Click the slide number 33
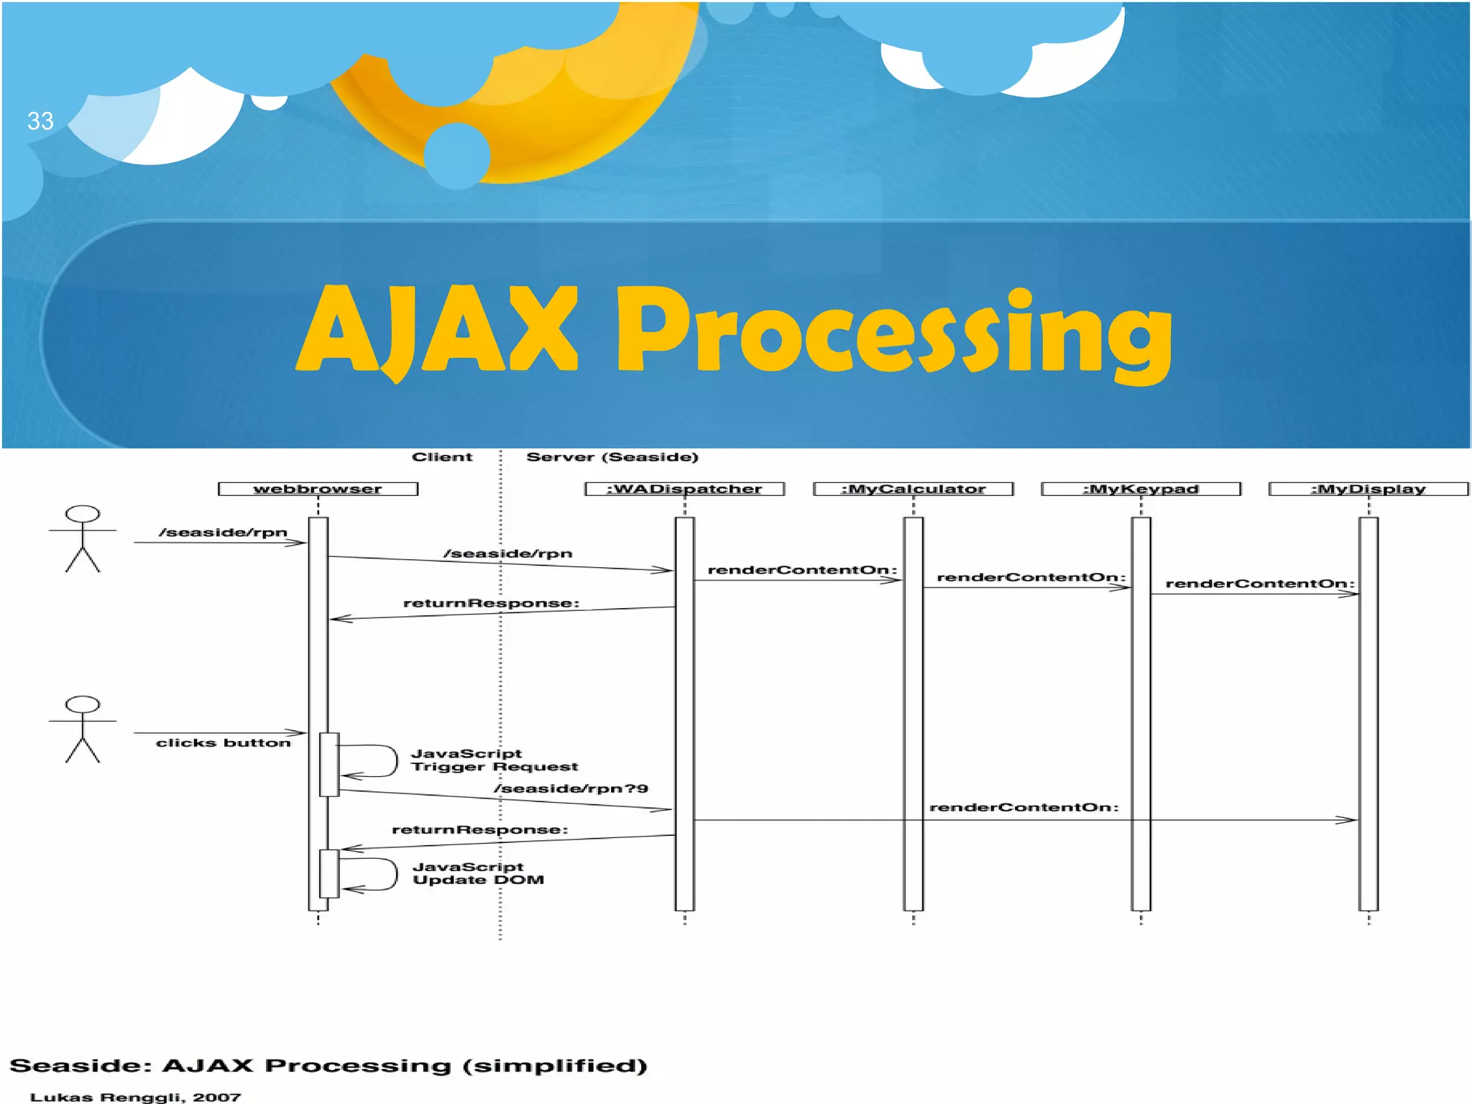(40, 121)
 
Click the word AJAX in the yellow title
(437, 329)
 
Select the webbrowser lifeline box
(318, 489)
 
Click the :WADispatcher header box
(684, 489)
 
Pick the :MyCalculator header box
(913, 489)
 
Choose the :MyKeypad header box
(1141, 489)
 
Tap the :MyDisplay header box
(1368, 489)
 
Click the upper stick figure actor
(83, 538)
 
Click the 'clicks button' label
(223, 742)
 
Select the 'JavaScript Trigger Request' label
(494, 760)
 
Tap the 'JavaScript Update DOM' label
(478, 873)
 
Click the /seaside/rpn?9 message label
(571, 788)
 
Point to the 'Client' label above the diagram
(442, 457)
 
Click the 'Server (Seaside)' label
(612, 457)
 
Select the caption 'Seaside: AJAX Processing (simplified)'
(328, 1065)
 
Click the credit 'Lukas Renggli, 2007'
(135, 1097)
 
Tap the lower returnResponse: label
(479, 829)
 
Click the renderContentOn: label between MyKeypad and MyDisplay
(1259, 584)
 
